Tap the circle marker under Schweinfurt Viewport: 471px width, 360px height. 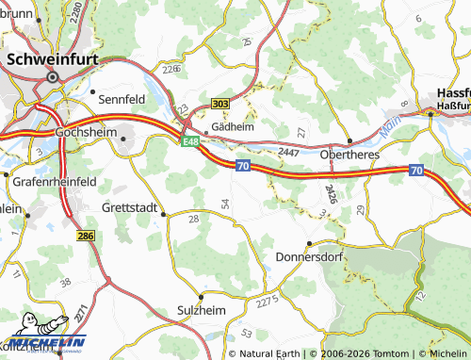tap(53, 77)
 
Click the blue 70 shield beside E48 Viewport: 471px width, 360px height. tap(243, 166)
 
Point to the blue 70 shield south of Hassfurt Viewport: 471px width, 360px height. tap(416, 171)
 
